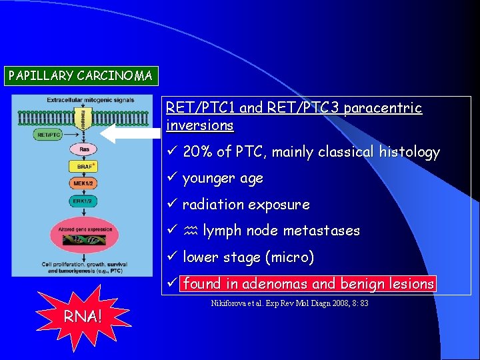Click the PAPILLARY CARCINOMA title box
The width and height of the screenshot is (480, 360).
(x=80, y=75)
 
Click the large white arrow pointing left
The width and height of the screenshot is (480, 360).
(x=137, y=133)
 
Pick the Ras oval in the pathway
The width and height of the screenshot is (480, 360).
(x=84, y=150)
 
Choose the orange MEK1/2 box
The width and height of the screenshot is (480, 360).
(x=84, y=183)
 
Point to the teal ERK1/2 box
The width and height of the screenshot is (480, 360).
(x=84, y=200)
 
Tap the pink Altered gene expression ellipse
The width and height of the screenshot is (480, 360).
(x=83, y=234)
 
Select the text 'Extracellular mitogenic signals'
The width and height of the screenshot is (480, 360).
(x=90, y=101)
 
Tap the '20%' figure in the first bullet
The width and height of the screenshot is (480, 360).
(x=197, y=152)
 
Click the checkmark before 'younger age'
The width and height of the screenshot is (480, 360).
(x=172, y=178)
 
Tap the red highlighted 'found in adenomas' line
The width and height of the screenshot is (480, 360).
(x=309, y=283)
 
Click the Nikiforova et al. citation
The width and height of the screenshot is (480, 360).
(x=289, y=304)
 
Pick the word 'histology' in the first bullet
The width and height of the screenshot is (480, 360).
(x=409, y=152)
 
